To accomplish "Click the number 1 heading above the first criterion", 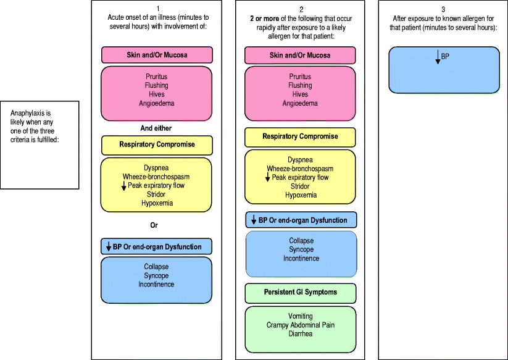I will [x=157, y=9].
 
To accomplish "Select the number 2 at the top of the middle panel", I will [x=301, y=9].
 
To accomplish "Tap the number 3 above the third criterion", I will [x=444, y=9].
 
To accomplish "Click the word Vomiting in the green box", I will [x=301, y=316].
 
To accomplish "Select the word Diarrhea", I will [x=301, y=334].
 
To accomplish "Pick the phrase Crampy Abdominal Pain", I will [x=301, y=325].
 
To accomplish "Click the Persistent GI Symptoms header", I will [x=301, y=291].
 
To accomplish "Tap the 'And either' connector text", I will [x=156, y=128].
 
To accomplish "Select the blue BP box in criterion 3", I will [x=444, y=70].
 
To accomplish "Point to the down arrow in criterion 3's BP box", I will [x=438, y=58].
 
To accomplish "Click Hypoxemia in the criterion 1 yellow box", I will [x=157, y=203].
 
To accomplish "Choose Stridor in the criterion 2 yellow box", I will [x=301, y=186].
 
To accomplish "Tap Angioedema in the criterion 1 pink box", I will [x=157, y=103].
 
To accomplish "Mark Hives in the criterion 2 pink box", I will [x=301, y=94].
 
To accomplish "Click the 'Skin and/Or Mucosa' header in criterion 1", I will [x=157, y=55].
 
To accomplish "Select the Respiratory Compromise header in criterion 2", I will [x=301, y=136].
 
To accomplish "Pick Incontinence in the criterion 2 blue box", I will [x=301, y=258].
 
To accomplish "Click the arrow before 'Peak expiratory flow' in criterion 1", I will [x=124, y=185].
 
